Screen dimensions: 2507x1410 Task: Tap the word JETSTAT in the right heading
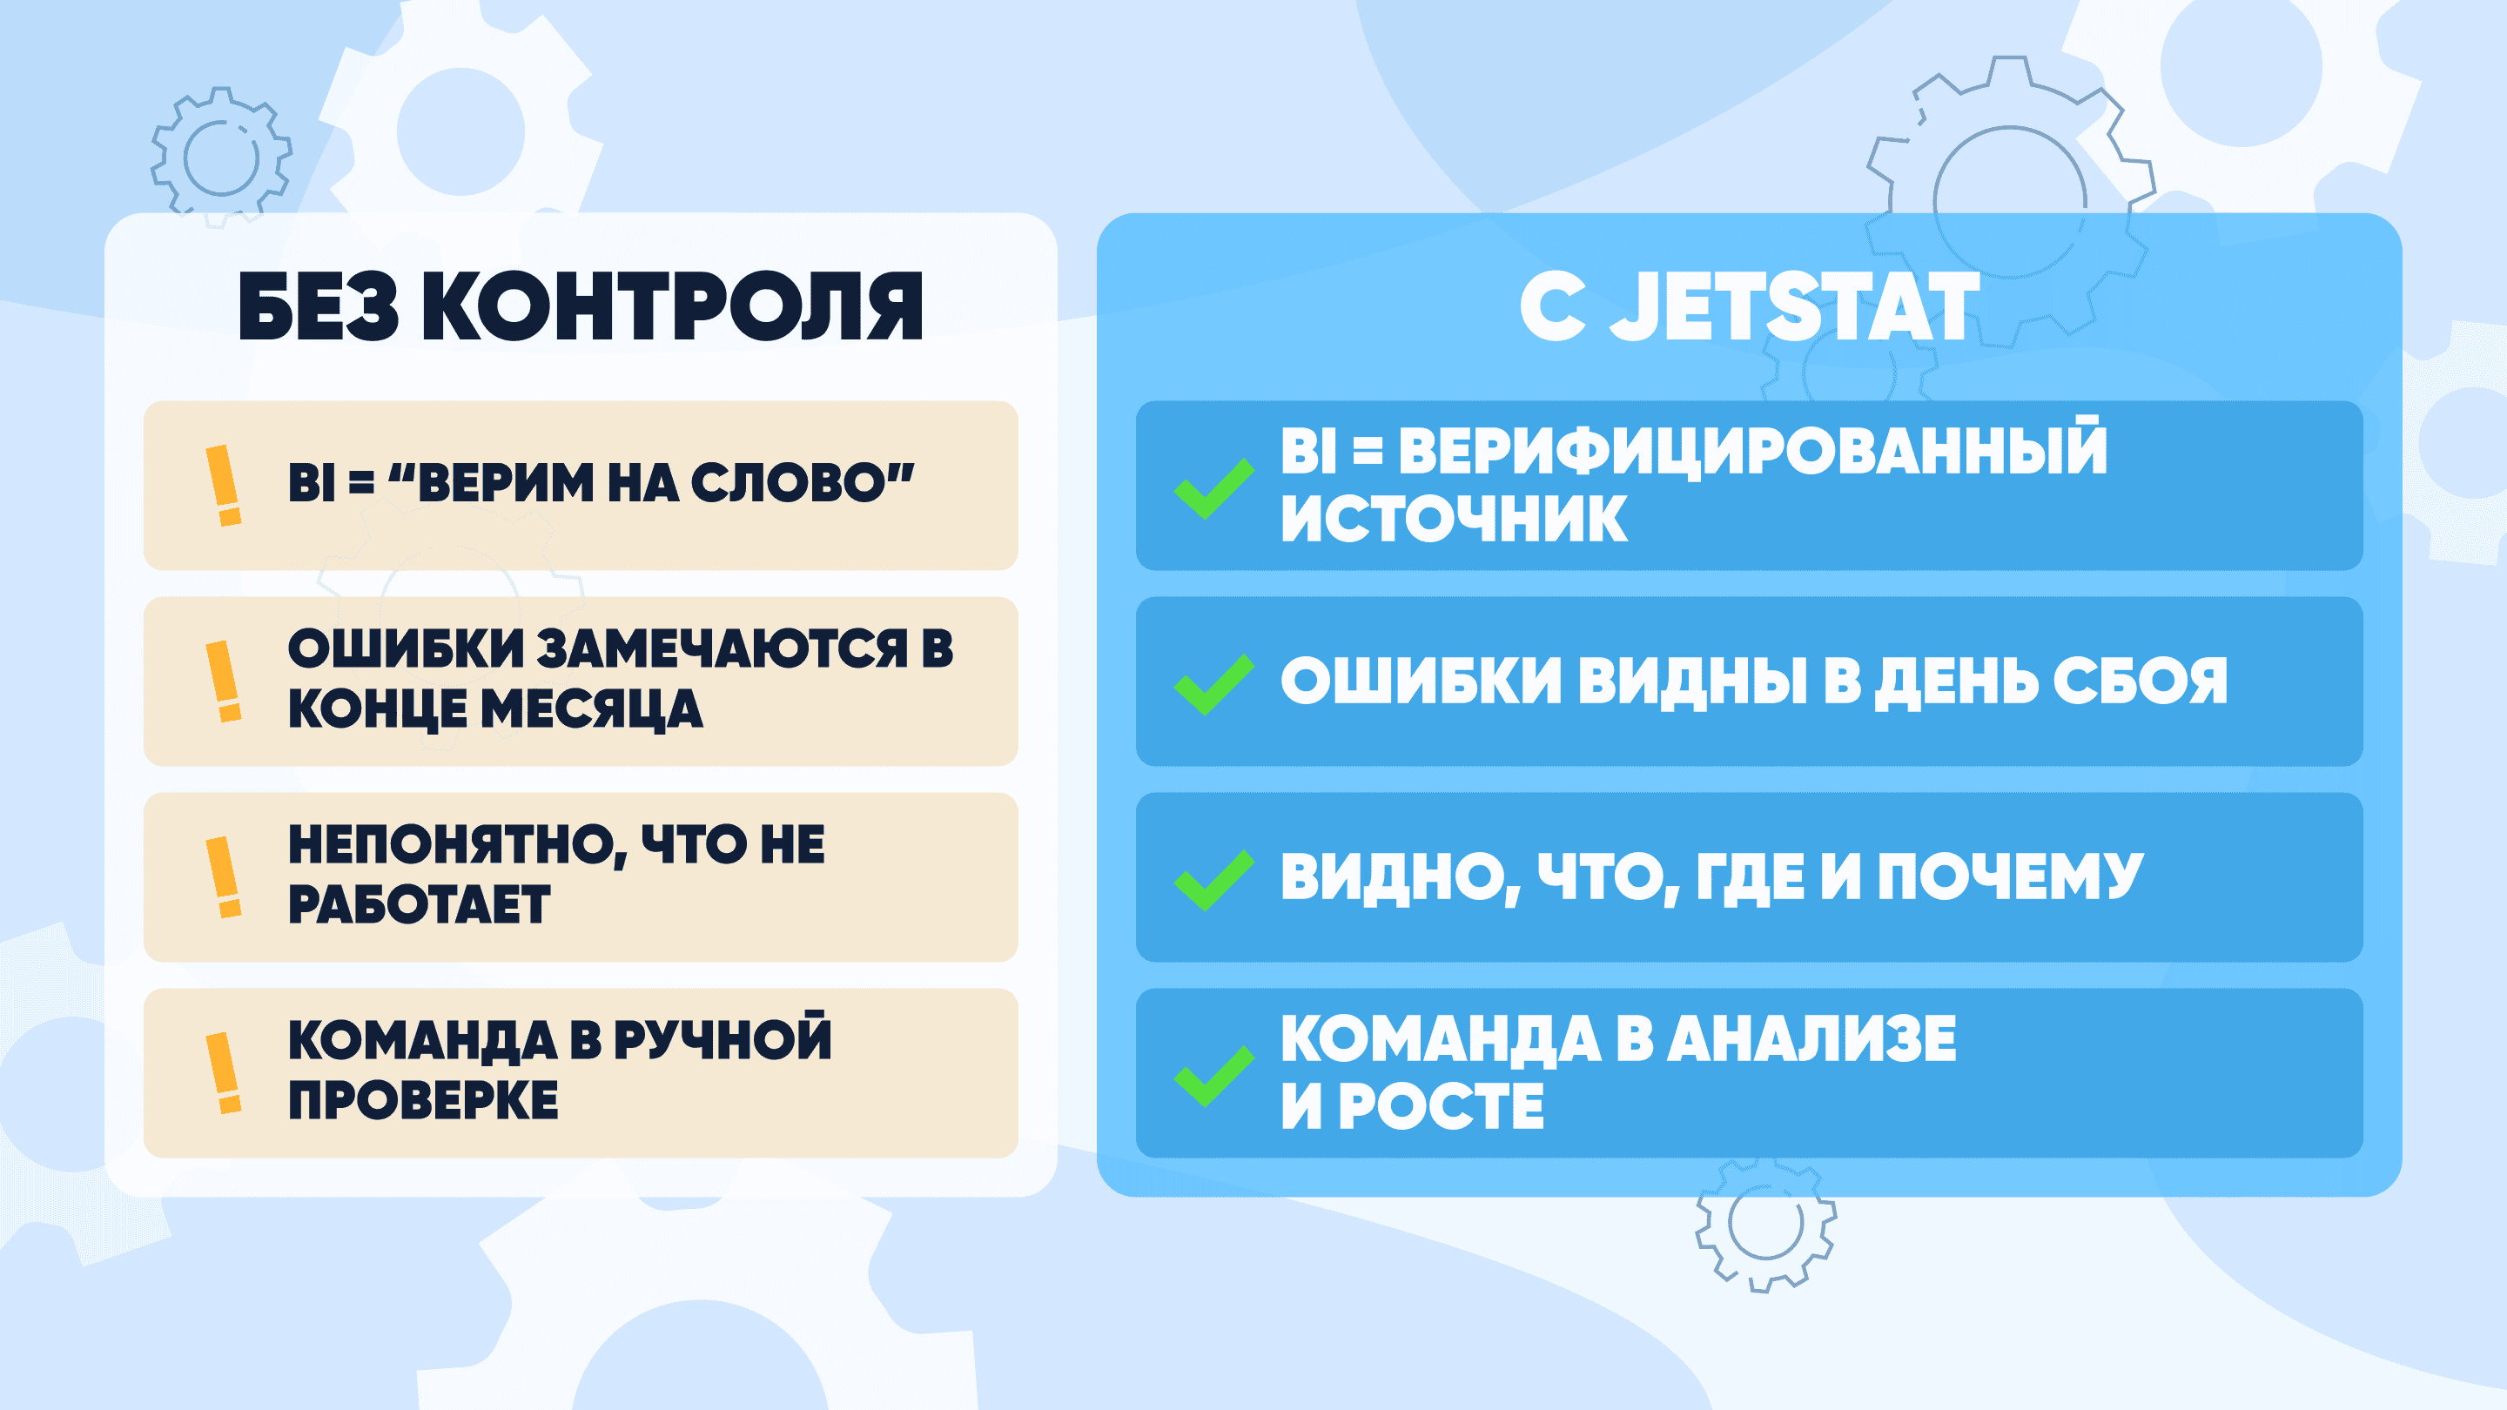pos(1795,306)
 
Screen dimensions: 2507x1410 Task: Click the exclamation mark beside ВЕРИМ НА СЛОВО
pos(224,486)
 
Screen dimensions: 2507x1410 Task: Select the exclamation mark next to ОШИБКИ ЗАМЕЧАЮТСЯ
pos(224,681)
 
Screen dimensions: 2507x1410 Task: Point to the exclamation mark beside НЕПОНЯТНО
pos(224,876)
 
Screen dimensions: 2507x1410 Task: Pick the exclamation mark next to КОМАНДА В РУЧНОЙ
pos(224,1073)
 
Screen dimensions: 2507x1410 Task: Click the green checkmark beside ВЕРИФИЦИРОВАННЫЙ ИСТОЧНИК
pos(1213,487)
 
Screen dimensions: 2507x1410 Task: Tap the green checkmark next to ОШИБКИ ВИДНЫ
pos(1213,684)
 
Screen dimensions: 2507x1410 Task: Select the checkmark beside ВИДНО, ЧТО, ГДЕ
pos(1213,880)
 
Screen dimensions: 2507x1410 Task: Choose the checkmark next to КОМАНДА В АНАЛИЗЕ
pos(1213,1077)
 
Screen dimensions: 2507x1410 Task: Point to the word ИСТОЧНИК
pos(1454,518)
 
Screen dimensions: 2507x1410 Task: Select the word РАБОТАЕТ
pos(420,904)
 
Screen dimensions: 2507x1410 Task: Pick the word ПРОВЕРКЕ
pos(423,1100)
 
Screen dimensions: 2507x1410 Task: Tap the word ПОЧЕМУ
pos(2011,876)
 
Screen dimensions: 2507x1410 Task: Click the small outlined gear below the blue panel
pos(1765,1224)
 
